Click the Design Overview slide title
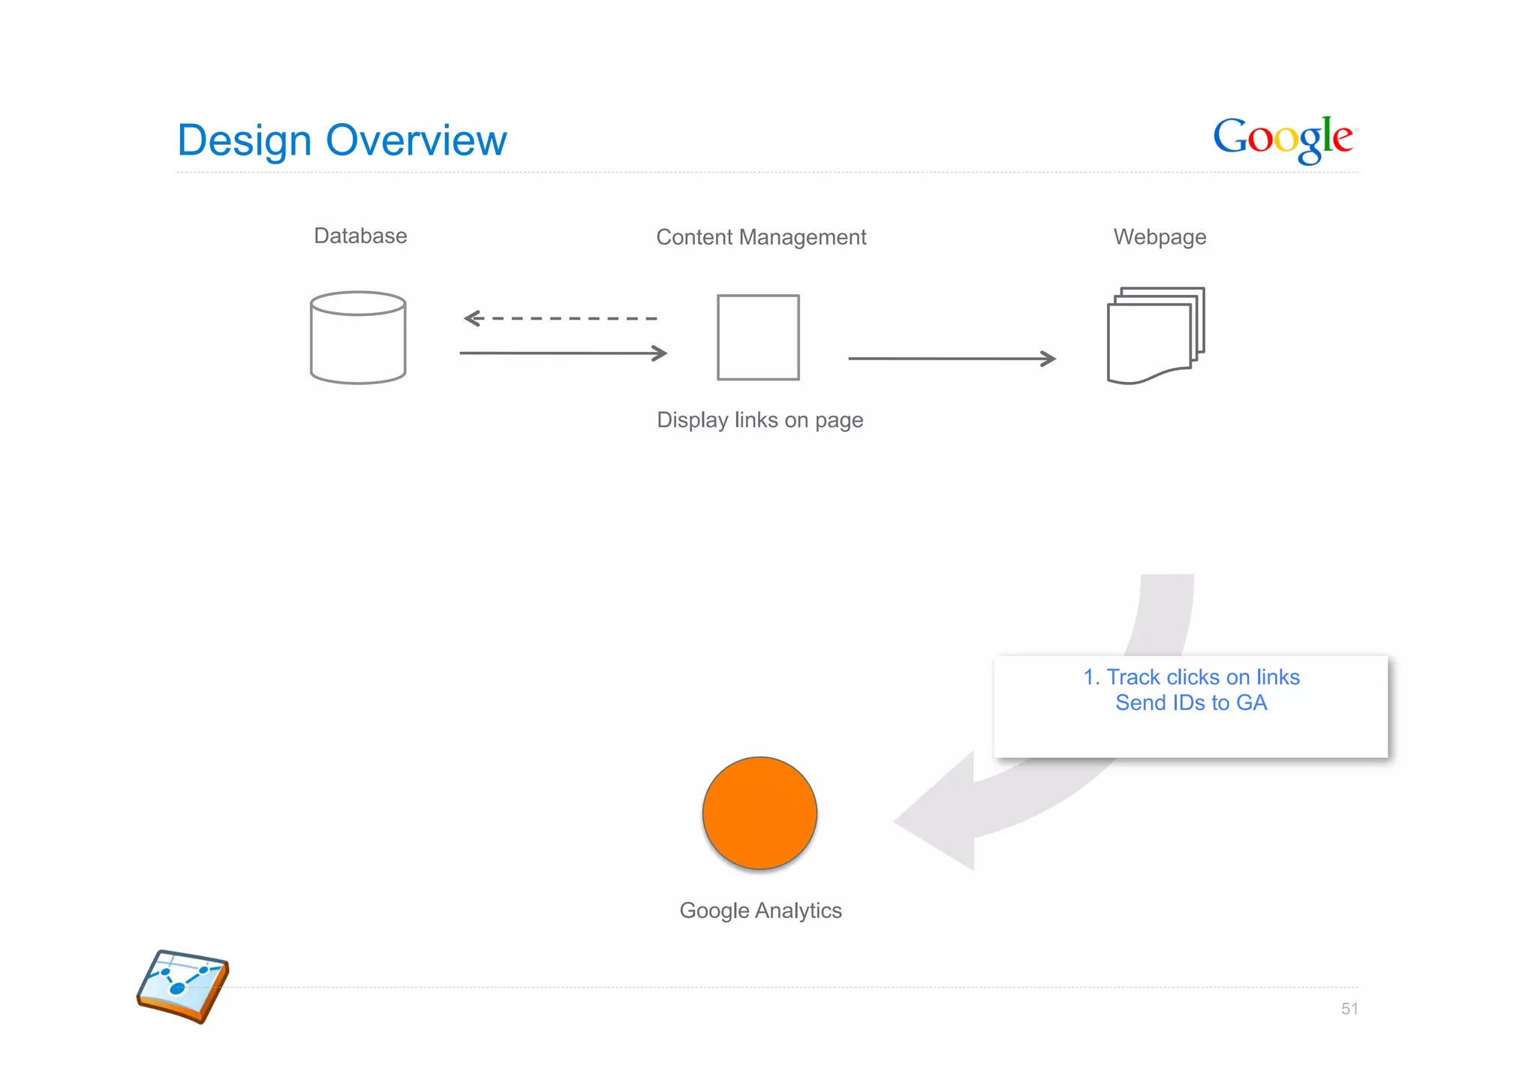pos(341,140)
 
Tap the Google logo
pos(1285,139)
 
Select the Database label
pos(360,236)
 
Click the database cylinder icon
pos(358,338)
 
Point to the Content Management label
pos(761,237)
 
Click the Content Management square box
pos(758,338)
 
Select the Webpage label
pos(1160,237)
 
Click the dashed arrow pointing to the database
pos(560,319)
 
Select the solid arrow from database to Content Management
pos(563,353)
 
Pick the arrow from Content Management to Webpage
pos(952,359)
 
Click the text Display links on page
pos(759,420)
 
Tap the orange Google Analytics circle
pos(759,813)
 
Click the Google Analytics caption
pos(760,910)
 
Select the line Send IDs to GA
pos(1191,702)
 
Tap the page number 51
pos(1349,1009)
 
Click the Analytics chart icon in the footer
pos(183,985)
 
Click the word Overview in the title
pos(416,140)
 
